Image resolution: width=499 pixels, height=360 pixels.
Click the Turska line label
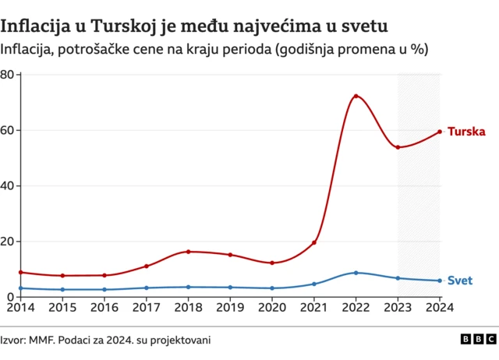click(x=466, y=132)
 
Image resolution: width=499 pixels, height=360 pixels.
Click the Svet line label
click(x=460, y=281)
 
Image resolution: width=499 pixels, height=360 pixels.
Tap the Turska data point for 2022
click(x=356, y=97)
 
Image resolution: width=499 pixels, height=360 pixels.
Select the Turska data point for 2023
click(x=398, y=147)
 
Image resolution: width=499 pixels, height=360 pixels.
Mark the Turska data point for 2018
click(x=188, y=252)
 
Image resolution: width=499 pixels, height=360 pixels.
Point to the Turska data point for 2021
click(x=314, y=242)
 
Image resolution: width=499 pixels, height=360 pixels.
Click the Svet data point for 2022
click(x=356, y=273)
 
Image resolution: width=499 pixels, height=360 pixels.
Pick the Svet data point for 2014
click(x=20, y=288)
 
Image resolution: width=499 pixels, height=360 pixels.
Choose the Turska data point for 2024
click(x=440, y=132)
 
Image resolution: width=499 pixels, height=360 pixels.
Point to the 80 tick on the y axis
click(x=9, y=75)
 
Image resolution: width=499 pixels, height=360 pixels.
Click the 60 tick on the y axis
click(x=9, y=130)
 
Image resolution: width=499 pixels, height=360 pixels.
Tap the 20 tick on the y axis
click(x=9, y=242)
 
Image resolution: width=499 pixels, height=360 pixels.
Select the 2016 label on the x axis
click(x=104, y=309)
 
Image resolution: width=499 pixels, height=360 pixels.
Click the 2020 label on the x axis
click(x=272, y=309)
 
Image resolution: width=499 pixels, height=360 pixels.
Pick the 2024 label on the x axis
click(x=439, y=309)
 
